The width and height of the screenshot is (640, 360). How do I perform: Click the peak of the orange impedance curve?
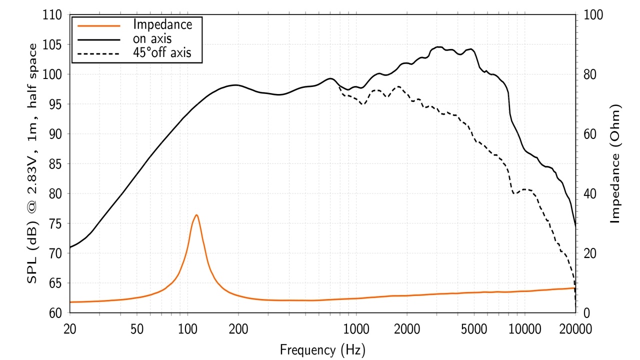(x=196, y=215)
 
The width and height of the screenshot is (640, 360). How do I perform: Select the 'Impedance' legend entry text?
(x=162, y=24)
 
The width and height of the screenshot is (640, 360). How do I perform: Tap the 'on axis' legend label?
(x=152, y=38)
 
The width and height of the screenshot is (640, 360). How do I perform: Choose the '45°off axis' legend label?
(x=162, y=52)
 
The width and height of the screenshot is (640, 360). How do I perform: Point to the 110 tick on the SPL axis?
(x=52, y=15)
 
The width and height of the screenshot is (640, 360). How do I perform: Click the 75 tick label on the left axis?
(x=55, y=223)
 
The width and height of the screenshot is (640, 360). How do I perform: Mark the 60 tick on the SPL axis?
(x=55, y=313)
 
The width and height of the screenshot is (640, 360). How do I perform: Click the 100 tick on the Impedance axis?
(x=593, y=15)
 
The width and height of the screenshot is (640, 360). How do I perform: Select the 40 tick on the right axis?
(x=590, y=194)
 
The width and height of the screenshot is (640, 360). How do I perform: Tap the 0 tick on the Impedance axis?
(x=587, y=313)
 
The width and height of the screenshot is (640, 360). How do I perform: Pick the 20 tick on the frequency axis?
(x=69, y=329)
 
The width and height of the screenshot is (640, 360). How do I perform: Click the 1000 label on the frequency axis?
(x=356, y=329)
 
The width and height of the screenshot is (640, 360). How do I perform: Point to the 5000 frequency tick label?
(x=474, y=329)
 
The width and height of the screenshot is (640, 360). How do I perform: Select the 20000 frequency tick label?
(x=575, y=329)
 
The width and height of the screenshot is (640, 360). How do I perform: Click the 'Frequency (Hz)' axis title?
(x=322, y=349)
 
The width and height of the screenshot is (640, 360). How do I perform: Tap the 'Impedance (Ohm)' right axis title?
(x=615, y=163)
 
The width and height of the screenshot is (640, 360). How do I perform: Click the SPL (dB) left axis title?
(x=32, y=163)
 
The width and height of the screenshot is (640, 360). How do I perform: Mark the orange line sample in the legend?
(x=99, y=25)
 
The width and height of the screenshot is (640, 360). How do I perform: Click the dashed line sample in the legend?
(x=99, y=53)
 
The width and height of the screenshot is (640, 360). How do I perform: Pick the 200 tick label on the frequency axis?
(x=238, y=329)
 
